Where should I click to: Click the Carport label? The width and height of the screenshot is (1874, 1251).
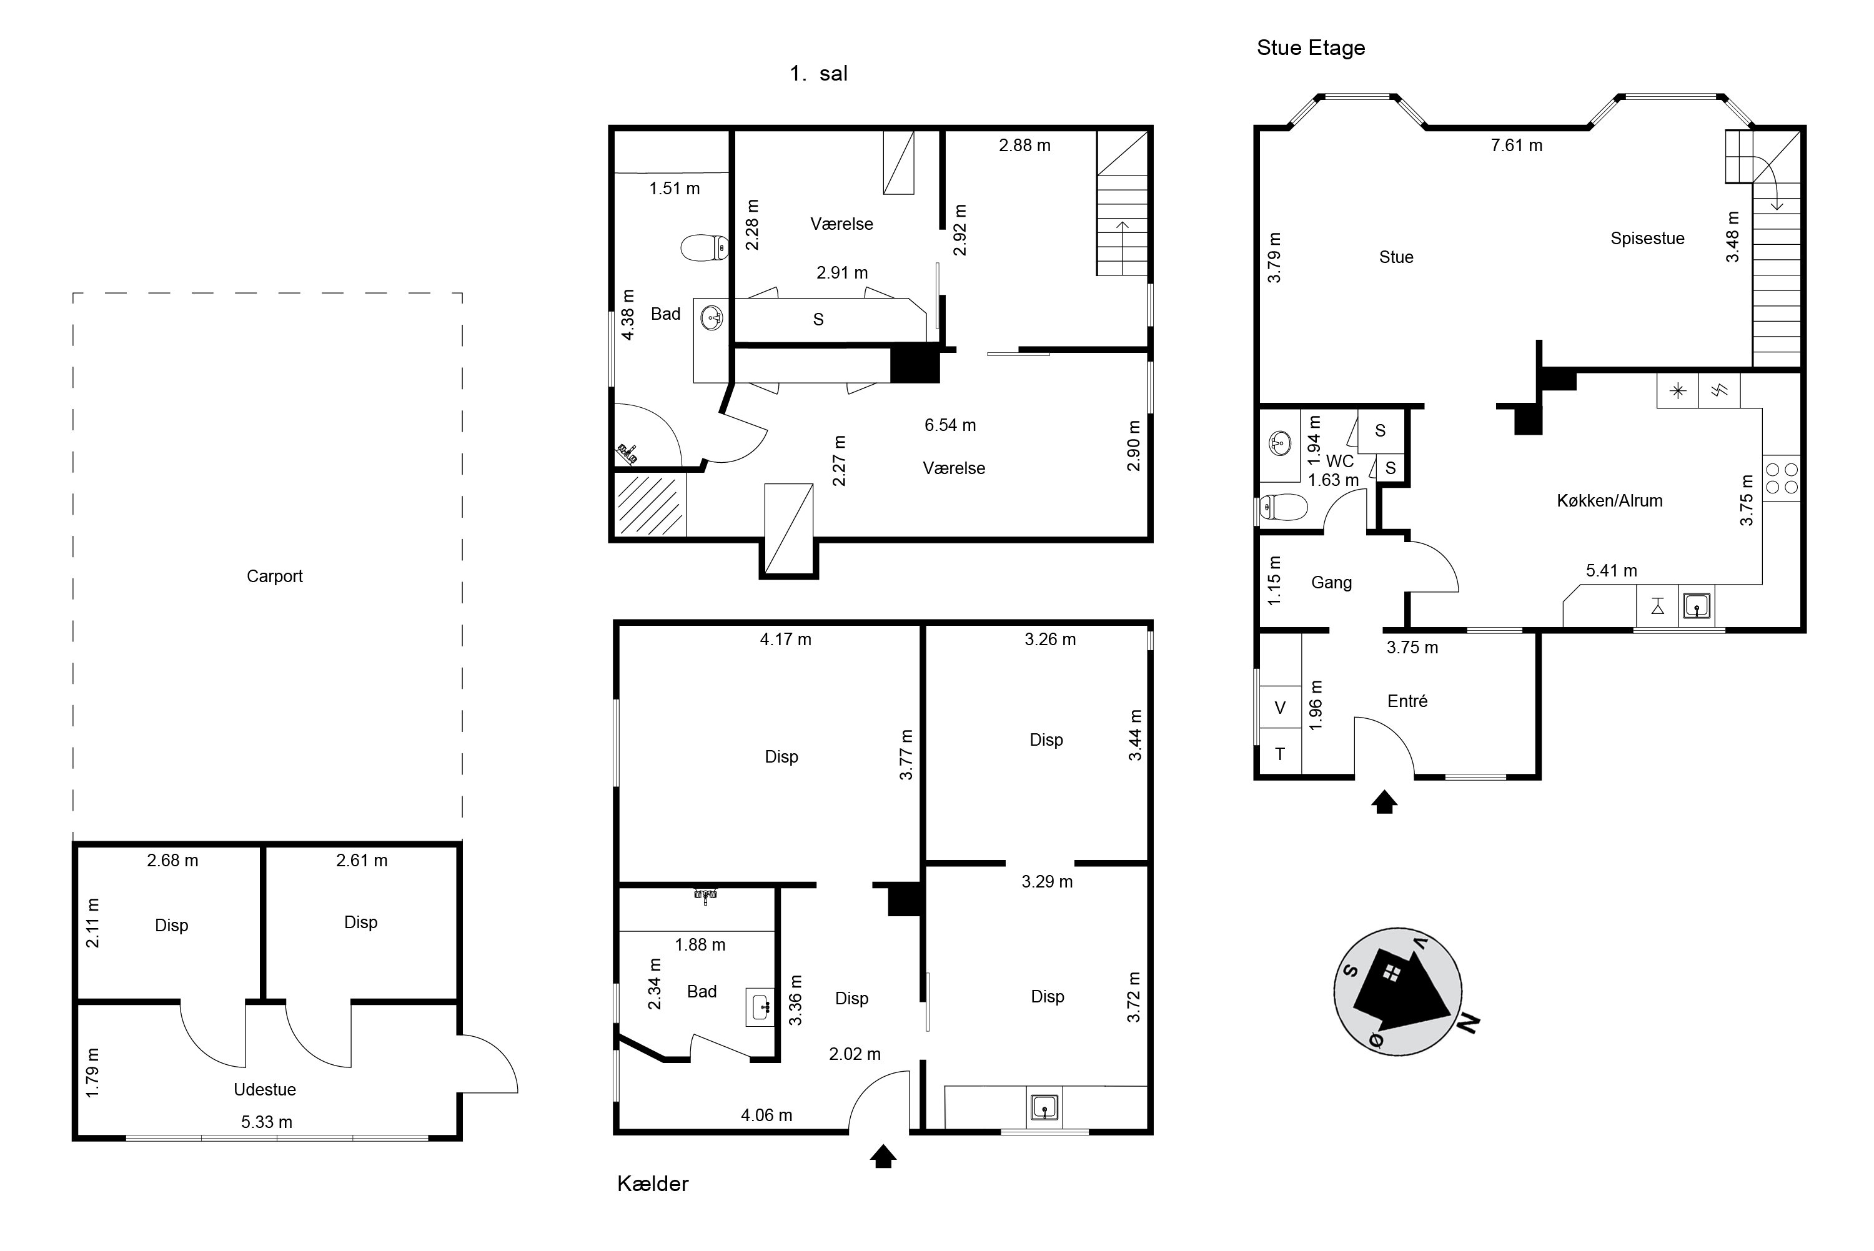tap(274, 576)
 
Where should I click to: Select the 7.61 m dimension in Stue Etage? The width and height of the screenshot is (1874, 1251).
tap(1516, 145)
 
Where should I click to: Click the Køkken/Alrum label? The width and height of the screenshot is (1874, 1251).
tap(1609, 500)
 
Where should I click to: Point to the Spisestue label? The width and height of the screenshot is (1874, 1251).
tap(1647, 238)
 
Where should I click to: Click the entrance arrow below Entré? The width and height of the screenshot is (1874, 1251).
tap(1384, 802)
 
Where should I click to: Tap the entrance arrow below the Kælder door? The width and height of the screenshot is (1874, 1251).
tap(883, 1156)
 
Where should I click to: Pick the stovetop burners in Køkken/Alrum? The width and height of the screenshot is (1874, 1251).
tap(1782, 478)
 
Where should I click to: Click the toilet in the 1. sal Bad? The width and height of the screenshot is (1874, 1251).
tap(705, 247)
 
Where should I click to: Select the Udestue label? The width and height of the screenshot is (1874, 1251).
tap(265, 1089)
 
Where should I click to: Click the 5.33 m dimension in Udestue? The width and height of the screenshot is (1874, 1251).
tap(267, 1122)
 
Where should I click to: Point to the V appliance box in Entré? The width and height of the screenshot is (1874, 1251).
tap(1280, 708)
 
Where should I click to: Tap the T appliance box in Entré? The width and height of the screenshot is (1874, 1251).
tap(1280, 754)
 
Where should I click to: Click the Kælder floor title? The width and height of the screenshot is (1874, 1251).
tap(653, 1183)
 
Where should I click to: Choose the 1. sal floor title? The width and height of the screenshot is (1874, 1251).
tap(818, 74)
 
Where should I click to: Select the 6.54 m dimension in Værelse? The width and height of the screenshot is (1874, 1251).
tap(949, 425)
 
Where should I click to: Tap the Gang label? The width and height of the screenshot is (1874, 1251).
tap(1332, 583)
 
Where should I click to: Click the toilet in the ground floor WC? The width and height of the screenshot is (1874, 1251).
tap(1283, 507)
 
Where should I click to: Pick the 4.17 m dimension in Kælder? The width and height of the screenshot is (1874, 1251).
tap(785, 639)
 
